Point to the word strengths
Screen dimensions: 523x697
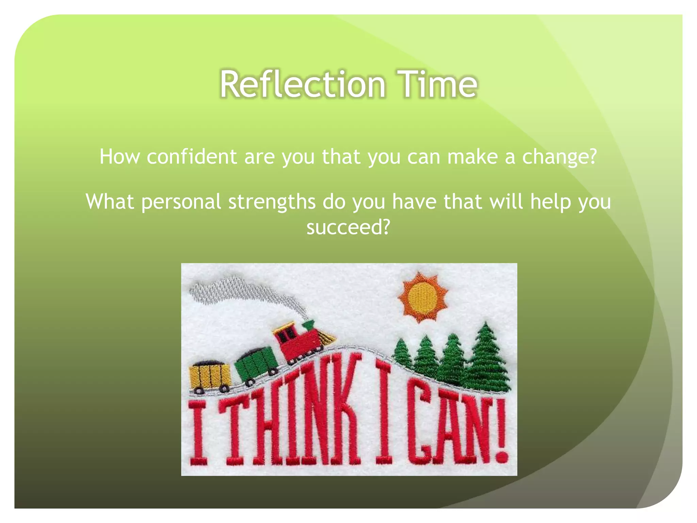coord(272,202)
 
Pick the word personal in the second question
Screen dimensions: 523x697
coord(181,202)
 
